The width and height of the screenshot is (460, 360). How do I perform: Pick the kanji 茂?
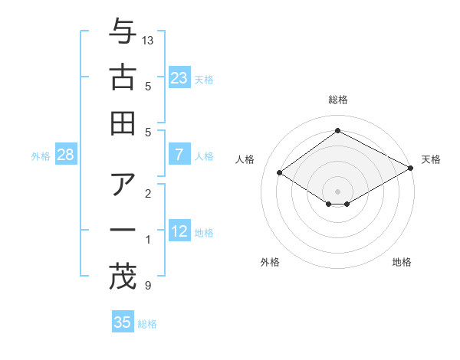tap(123, 275)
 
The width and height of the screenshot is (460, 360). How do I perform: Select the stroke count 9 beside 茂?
tap(147, 286)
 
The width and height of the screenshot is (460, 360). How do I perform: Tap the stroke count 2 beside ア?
tap(147, 194)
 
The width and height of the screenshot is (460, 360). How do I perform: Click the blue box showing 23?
tap(179, 77)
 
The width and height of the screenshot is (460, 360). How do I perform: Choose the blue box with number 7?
tap(179, 155)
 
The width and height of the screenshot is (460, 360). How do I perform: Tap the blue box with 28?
tap(66, 155)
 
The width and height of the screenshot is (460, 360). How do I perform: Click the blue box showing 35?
tap(123, 322)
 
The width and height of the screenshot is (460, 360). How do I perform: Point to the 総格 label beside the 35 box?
tap(147, 324)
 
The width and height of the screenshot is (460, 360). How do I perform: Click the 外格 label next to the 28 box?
tap(41, 156)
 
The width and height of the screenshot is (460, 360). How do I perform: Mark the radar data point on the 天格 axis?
tap(412, 169)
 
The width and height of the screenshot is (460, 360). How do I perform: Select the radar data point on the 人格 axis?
tap(280, 173)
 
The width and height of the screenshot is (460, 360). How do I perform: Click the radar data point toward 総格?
tap(337, 130)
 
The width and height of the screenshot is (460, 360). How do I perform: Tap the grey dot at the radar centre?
tap(337, 191)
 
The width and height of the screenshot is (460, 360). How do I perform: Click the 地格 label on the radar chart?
tap(402, 262)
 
